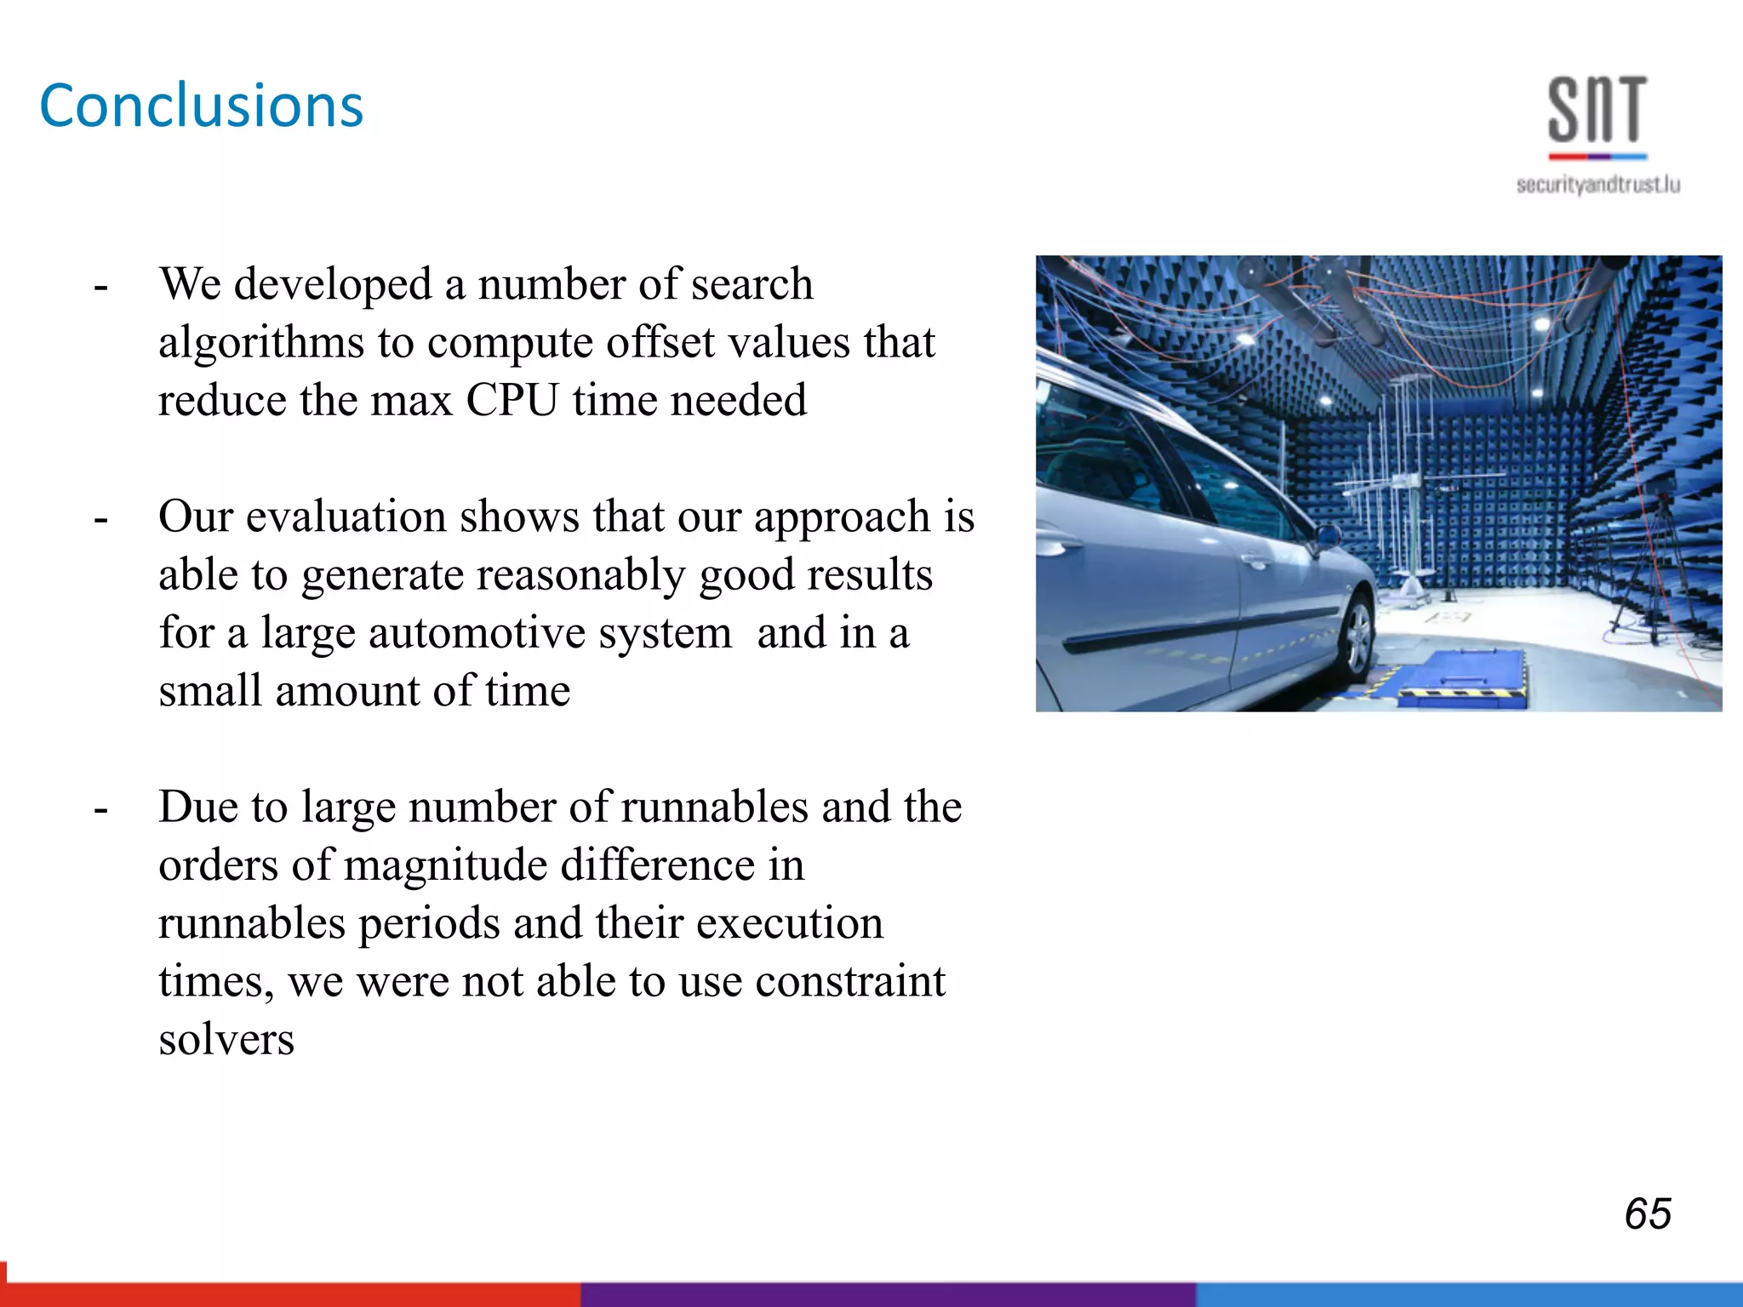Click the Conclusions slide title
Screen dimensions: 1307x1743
pos(202,106)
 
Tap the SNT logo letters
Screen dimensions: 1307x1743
pos(1597,110)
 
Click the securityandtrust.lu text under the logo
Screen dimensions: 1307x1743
pos(1597,185)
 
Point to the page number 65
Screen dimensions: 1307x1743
pos(1648,1213)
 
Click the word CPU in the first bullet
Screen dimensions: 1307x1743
pos(512,400)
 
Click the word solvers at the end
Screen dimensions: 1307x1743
pos(226,1040)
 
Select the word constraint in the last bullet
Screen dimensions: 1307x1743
pos(849,981)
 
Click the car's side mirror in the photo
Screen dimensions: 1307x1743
pos(1328,537)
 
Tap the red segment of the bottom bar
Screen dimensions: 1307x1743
pos(289,1293)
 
